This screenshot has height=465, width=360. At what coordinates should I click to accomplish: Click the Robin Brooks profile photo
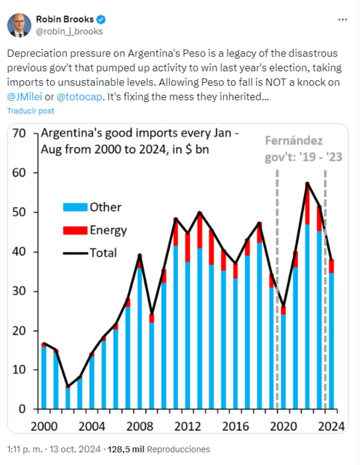tap(19, 25)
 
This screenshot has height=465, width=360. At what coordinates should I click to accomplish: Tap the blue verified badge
tap(102, 19)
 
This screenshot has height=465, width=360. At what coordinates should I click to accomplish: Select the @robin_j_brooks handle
tap(69, 31)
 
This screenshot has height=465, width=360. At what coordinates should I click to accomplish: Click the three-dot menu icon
tap(342, 20)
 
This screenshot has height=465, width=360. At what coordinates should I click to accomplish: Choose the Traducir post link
tap(31, 111)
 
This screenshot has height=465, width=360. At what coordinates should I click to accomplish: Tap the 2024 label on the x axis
tap(331, 426)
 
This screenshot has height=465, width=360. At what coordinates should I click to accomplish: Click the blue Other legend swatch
tap(74, 208)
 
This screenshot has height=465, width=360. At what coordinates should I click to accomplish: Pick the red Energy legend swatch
tap(74, 230)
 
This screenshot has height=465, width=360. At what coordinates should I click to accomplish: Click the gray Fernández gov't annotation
tap(301, 149)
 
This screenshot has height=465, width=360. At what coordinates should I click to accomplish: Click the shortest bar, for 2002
tap(67, 398)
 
